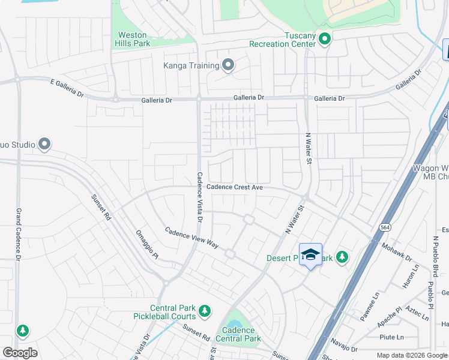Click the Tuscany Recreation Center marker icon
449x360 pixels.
tap(325, 40)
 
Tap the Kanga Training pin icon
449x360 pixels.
tap(228, 65)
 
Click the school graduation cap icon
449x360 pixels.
tap(310, 254)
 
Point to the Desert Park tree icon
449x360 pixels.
tap(342, 257)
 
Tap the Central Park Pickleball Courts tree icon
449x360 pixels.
tap(205, 310)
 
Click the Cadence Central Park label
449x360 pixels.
tap(238, 334)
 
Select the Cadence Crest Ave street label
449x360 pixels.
tap(235, 187)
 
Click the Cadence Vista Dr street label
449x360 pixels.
tap(200, 197)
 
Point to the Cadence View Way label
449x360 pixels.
tap(191, 238)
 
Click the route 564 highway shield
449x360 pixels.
tap(384, 227)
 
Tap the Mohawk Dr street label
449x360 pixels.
tap(397, 253)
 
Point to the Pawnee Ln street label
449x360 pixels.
tap(372, 312)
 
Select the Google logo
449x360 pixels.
tap(20, 353)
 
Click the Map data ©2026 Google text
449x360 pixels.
tap(411, 355)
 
